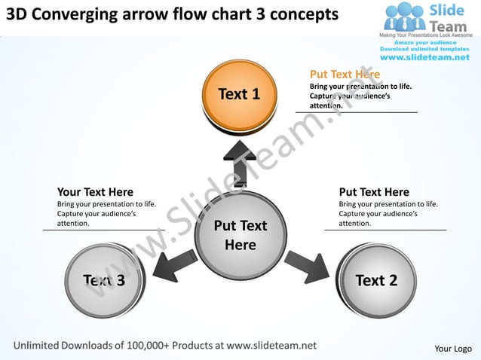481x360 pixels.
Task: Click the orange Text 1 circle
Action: click(x=239, y=94)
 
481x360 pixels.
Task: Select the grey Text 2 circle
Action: click(x=375, y=280)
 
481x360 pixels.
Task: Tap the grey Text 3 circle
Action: click(x=104, y=280)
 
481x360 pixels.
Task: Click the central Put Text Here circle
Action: click(x=240, y=235)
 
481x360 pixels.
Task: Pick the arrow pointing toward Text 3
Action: click(x=171, y=265)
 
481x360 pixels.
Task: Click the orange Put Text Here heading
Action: click(x=345, y=75)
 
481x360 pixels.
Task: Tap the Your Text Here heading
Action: click(x=95, y=192)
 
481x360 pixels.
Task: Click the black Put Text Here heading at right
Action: click(x=374, y=192)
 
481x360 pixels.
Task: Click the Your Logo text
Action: click(x=453, y=348)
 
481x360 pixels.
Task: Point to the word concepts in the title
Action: click(x=299, y=14)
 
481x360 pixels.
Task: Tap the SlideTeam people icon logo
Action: click(x=404, y=17)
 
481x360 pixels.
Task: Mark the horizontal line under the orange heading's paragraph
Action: click(x=356, y=112)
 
